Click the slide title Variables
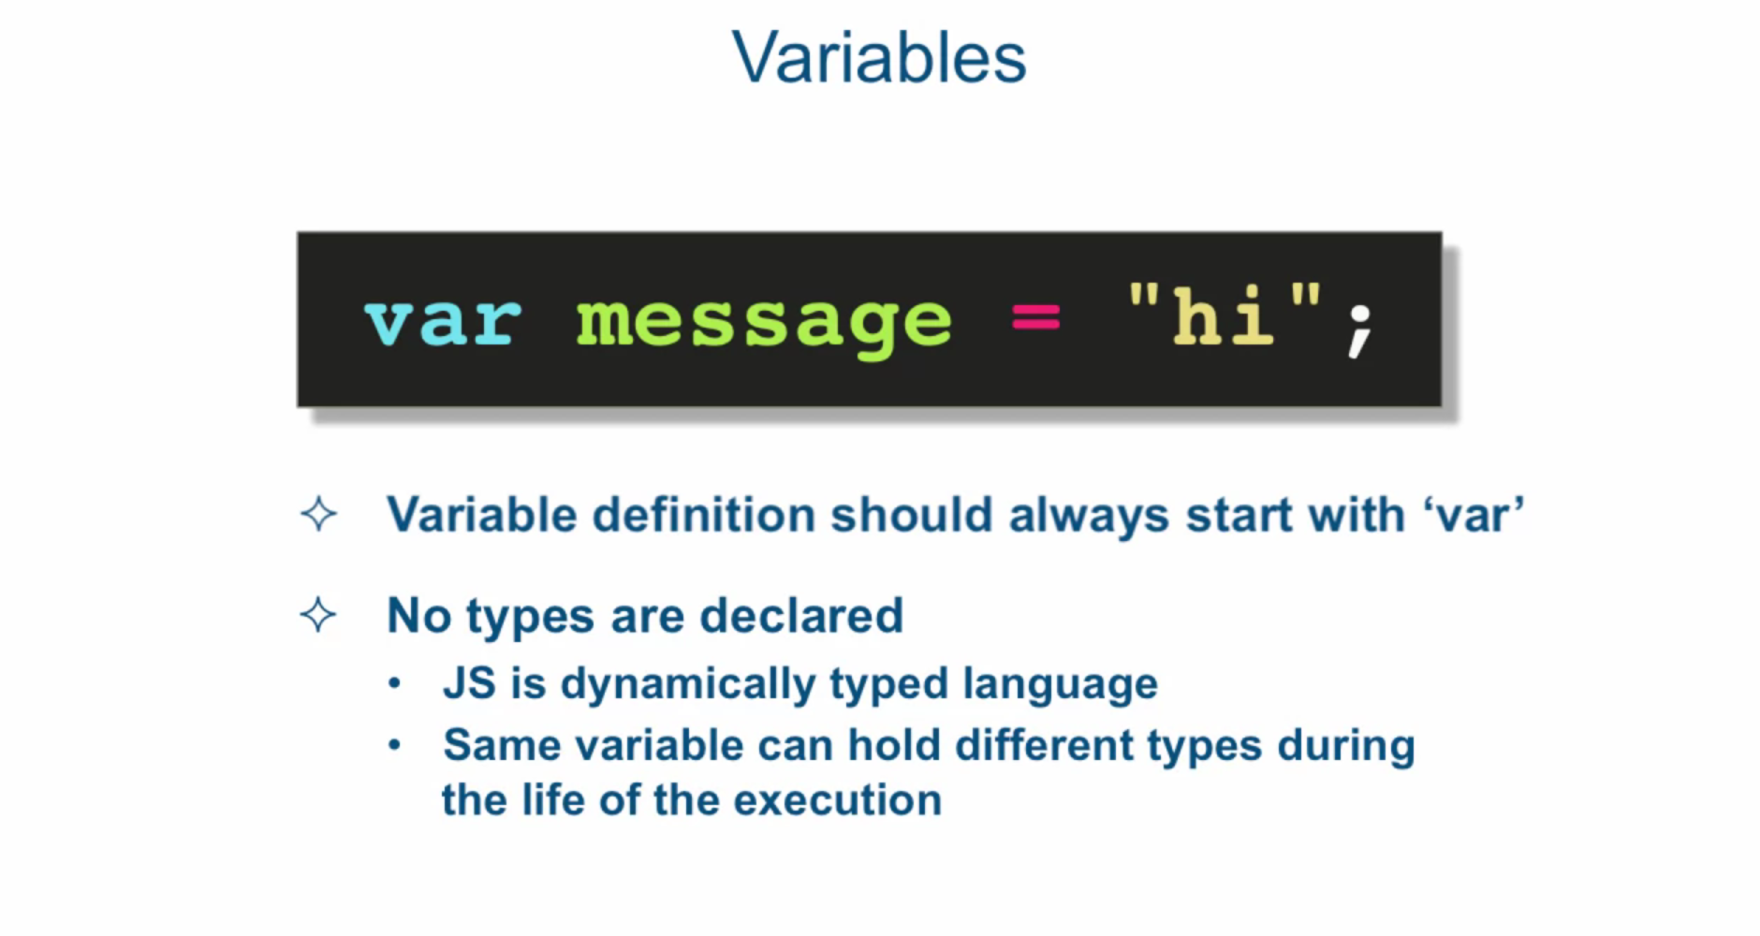pos(879,57)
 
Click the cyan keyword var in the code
pos(442,322)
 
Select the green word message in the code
pos(764,325)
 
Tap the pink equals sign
pos(1035,318)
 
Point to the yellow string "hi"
pos(1225,314)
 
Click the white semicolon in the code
pos(1360,331)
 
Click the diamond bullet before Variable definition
pos(318,514)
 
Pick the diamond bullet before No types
pos(318,615)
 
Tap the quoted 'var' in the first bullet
pos(1474,515)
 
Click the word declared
pos(801,616)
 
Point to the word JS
pos(470,683)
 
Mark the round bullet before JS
pos(395,684)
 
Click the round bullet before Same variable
pos(395,745)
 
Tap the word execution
pos(838,801)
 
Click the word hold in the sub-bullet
pos(894,746)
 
